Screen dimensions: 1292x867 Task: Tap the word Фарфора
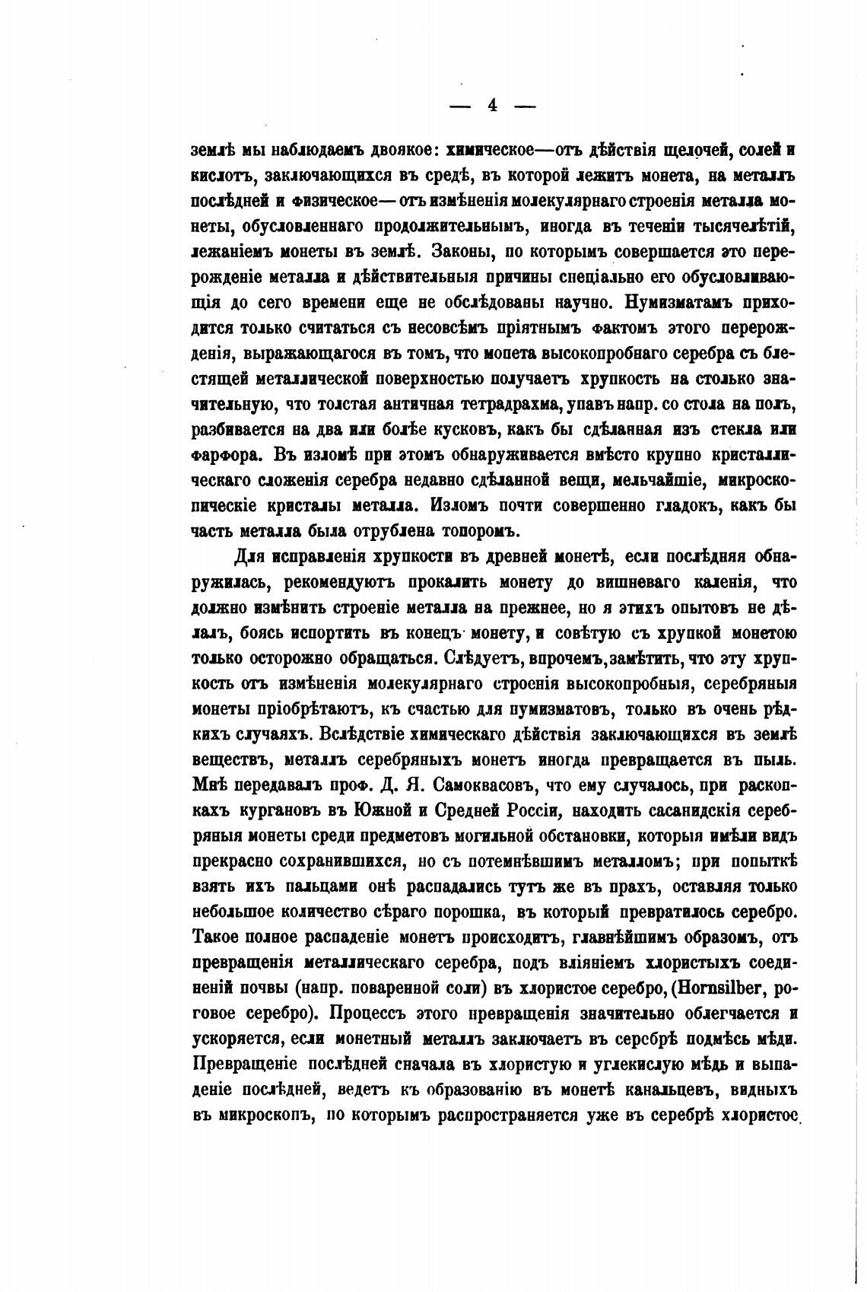(x=226, y=454)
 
